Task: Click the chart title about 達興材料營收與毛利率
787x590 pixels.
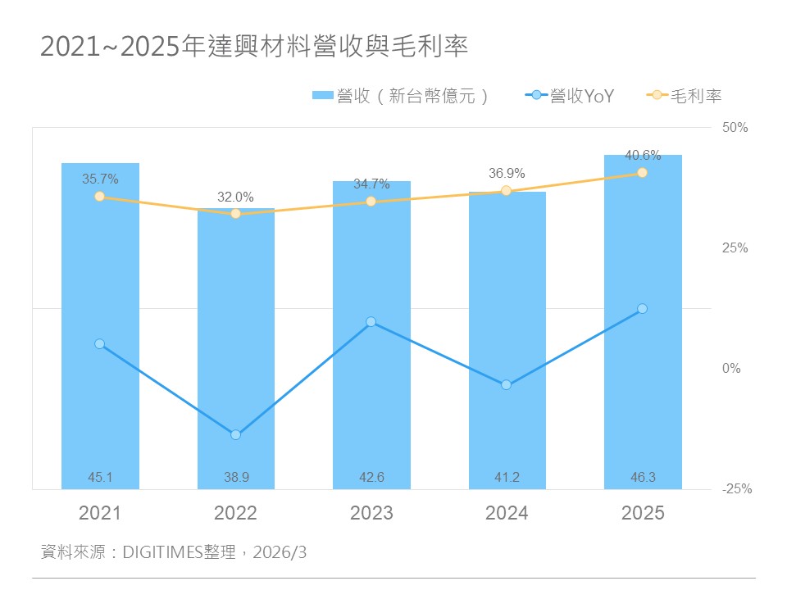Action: coord(254,47)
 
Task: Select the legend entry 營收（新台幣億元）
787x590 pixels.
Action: coord(402,96)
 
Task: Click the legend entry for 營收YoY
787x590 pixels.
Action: coord(569,96)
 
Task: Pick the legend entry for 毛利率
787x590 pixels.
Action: coord(685,96)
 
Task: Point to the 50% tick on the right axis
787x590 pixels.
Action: coord(735,128)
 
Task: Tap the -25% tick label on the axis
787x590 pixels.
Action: coord(736,489)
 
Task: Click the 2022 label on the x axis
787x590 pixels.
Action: coord(235,514)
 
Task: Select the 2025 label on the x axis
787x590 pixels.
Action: coord(643,514)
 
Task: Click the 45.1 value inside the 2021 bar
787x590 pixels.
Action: coord(99,478)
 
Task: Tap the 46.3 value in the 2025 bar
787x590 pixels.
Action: coord(643,478)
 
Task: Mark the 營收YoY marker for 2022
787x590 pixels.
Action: coord(235,434)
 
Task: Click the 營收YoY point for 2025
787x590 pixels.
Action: coord(643,308)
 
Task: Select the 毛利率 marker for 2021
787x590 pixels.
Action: coord(99,196)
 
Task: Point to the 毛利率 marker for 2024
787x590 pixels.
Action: coord(507,191)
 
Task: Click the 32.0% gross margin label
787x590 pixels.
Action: coord(235,197)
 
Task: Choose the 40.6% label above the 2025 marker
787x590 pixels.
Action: coord(643,156)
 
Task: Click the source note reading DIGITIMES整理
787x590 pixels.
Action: coord(174,553)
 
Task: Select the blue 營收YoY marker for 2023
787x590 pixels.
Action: coord(371,322)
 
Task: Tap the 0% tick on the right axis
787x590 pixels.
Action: coord(731,369)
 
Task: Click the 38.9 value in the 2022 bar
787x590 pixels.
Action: coord(235,478)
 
